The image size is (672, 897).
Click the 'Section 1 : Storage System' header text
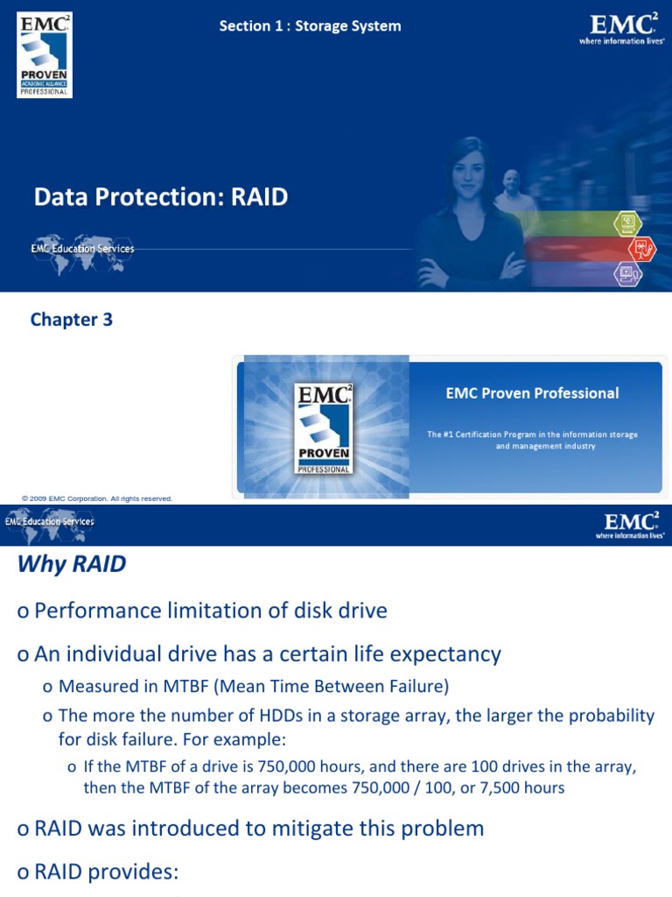click(310, 26)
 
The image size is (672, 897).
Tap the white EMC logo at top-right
click(621, 29)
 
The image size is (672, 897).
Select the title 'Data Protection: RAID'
click(161, 197)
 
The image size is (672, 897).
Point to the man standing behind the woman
click(514, 189)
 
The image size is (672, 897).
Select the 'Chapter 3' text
click(72, 320)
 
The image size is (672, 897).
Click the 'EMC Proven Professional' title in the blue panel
click(532, 393)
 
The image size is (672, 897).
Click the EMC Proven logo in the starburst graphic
click(324, 428)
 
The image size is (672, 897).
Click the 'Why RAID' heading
click(72, 564)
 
